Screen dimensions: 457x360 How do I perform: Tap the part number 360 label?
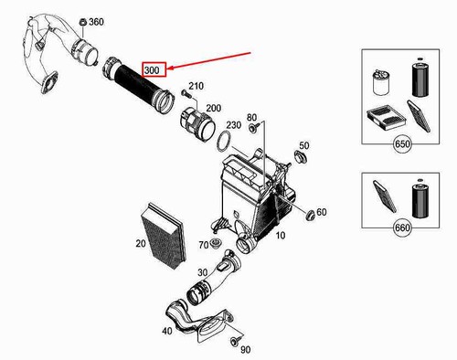point(96,22)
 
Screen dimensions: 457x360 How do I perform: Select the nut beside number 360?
point(82,22)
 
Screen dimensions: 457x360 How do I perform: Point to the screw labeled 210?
point(186,93)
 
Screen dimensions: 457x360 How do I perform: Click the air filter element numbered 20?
point(164,236)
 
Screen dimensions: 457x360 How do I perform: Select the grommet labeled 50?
point(301,157)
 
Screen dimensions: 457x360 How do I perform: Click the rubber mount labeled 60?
point(311,216)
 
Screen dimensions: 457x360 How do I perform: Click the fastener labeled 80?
point(253,128)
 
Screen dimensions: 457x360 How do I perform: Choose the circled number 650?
point(402,143)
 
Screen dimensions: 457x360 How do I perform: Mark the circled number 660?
point(402,228)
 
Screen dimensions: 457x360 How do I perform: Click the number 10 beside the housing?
point(281,235)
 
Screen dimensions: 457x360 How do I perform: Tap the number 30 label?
point(203,272)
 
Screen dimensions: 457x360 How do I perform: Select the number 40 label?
point(166,331)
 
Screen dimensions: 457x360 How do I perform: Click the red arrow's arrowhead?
point(169,69)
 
